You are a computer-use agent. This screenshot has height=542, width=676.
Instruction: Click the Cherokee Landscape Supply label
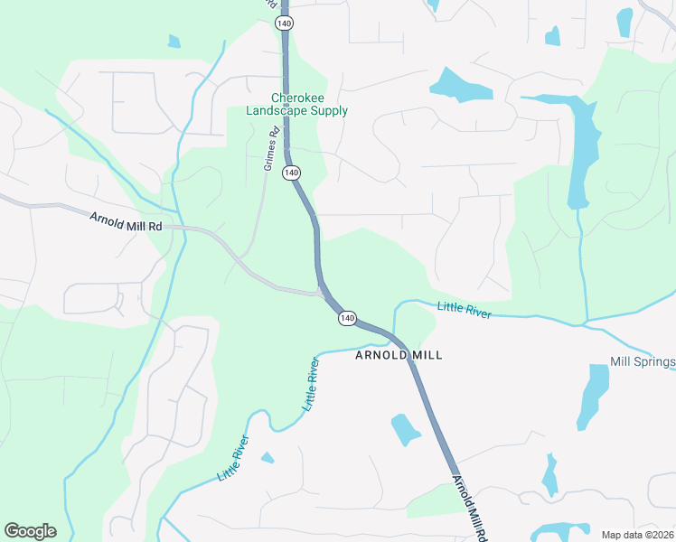point(296,105)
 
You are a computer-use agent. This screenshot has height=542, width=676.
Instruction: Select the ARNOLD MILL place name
point(399,355)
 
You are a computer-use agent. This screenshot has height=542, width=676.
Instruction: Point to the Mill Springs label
point(643,362)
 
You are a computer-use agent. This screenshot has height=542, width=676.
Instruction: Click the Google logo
point(30,531)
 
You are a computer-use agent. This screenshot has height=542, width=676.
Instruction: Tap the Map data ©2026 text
point(637,535)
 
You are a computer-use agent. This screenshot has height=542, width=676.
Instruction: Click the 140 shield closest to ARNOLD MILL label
point(347,319)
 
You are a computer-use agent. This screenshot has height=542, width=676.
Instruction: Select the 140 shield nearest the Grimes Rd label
point(290,172)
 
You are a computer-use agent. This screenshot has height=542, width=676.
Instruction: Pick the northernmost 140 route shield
point(286,22)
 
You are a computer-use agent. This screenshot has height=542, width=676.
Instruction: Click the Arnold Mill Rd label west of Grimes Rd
point(126,220)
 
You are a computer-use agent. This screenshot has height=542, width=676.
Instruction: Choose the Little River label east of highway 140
point(465,309)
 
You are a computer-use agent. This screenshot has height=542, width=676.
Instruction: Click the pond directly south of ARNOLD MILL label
point(405,430)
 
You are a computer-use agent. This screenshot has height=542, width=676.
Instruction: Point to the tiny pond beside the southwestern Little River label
point(268,458)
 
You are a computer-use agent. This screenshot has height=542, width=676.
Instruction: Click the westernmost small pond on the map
point(174,41)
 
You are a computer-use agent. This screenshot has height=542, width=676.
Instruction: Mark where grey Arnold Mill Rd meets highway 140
point(324,293)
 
